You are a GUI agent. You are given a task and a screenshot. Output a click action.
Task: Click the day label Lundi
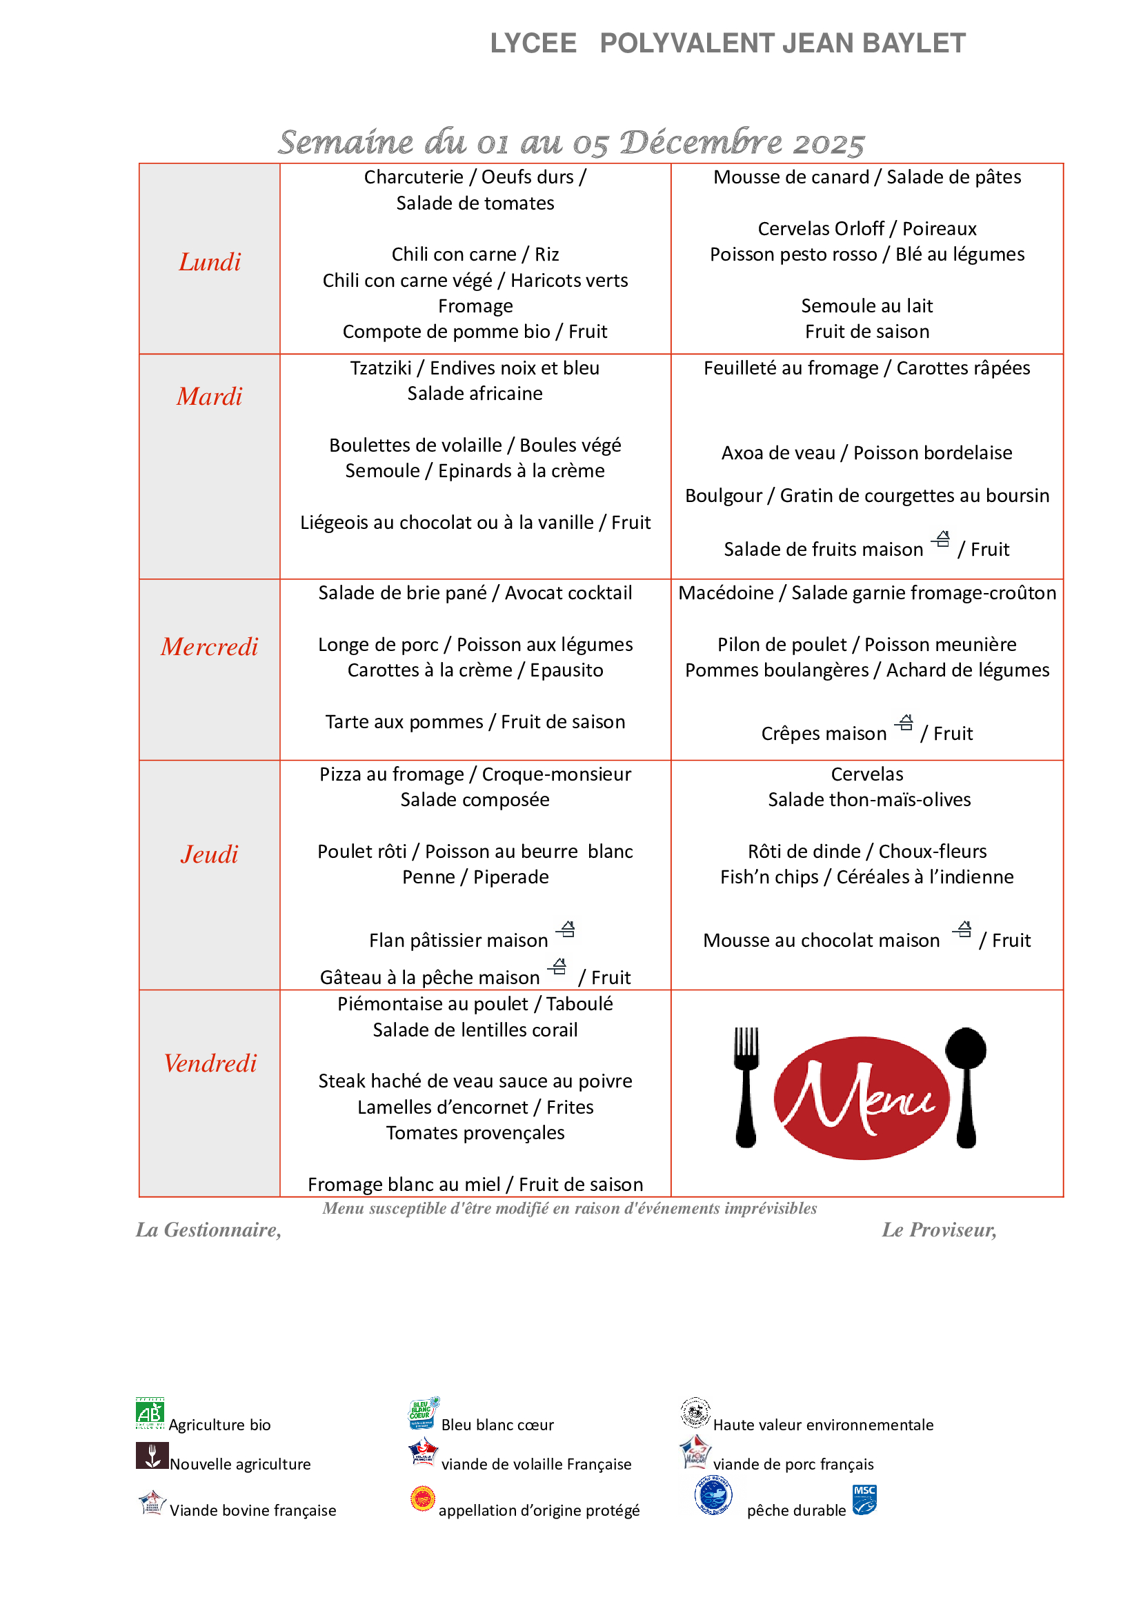coord(210,262)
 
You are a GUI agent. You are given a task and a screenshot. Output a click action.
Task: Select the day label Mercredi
coord(210,646)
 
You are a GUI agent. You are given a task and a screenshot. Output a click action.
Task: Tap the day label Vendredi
coord(210,1063)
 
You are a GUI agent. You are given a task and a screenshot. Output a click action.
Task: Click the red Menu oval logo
coord(861,1097)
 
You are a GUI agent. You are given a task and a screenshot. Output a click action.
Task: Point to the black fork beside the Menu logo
coord(746,1086)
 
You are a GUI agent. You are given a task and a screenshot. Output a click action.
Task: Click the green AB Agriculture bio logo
coord(150,1413)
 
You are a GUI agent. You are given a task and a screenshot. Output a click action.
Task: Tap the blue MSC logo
coord(864,1499)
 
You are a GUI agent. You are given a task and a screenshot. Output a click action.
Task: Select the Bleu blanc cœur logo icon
coord(423,1413)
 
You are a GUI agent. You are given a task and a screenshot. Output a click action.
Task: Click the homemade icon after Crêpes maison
coord(905,723)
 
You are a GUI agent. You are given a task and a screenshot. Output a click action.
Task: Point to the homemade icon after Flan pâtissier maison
coord(566,930)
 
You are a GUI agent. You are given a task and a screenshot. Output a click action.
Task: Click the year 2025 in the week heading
coord(829,143)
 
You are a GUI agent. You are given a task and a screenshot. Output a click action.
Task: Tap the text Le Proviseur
coord(939,1230)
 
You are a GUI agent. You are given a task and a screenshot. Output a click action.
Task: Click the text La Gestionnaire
coord(208,1230)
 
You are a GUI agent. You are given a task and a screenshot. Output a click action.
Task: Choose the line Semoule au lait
coord(867,305)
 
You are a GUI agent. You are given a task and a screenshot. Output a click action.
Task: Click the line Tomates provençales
coord(475,1132)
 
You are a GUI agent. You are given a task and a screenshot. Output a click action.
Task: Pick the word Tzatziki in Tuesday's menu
coord(381,368)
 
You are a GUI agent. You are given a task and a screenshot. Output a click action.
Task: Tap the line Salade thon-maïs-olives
coord(869,799)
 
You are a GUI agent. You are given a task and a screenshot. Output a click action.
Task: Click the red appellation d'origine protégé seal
coord(423,1499)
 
